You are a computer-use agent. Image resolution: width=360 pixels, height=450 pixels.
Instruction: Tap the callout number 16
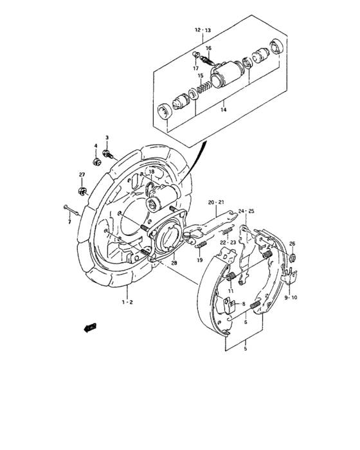pyautogui.click(x=209, y=48)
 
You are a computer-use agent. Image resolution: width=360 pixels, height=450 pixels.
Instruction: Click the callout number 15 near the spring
pyautogui.click(x=201, y=75)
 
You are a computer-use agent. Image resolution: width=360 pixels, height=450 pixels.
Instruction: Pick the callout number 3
pyautogui.click(x=107, y=138)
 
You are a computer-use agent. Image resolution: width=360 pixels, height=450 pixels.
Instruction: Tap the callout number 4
pyautogui.click(x=96, y=146)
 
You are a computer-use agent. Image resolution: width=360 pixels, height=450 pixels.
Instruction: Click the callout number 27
pyautogui.click(x=82, y=175)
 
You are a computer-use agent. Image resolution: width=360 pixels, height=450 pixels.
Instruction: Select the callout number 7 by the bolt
pyautogui.click(x=69, y=222)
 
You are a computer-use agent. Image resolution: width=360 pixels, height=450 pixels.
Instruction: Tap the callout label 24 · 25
pyautogui.click(x=246, y=211)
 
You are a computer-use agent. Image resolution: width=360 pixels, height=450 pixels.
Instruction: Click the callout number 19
pyautogui.click(x=200, y=260)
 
